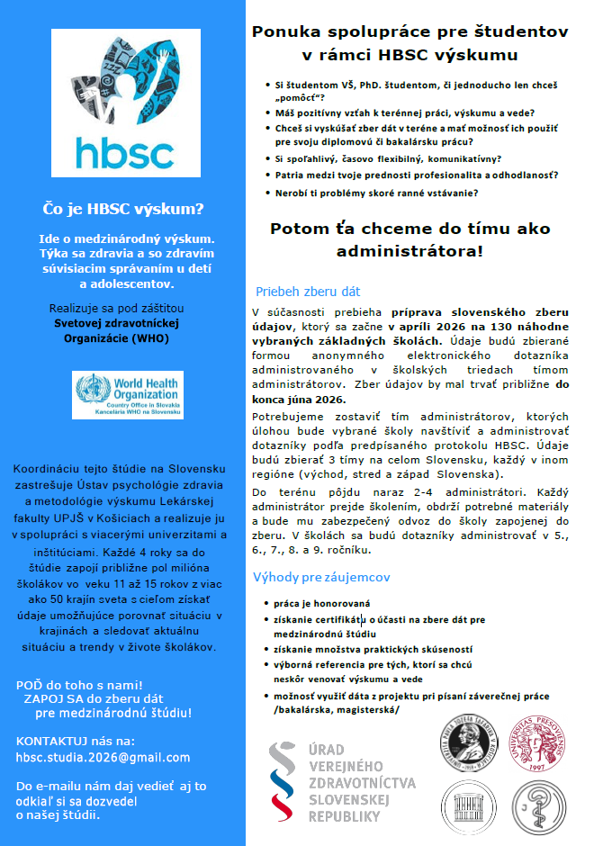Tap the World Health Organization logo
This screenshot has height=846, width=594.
tap(128, 395)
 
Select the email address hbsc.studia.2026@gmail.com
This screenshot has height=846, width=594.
tap(103, 757)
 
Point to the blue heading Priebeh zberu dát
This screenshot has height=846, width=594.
tap(308, 292)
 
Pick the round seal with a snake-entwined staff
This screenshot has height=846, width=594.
tap(538, 804)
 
